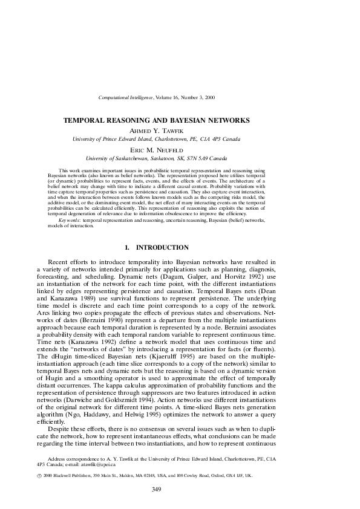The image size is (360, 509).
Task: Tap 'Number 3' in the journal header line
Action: click(193, 97)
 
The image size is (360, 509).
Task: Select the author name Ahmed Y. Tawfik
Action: click(180, 130)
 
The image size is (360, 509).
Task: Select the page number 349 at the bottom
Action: click(180, 489)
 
